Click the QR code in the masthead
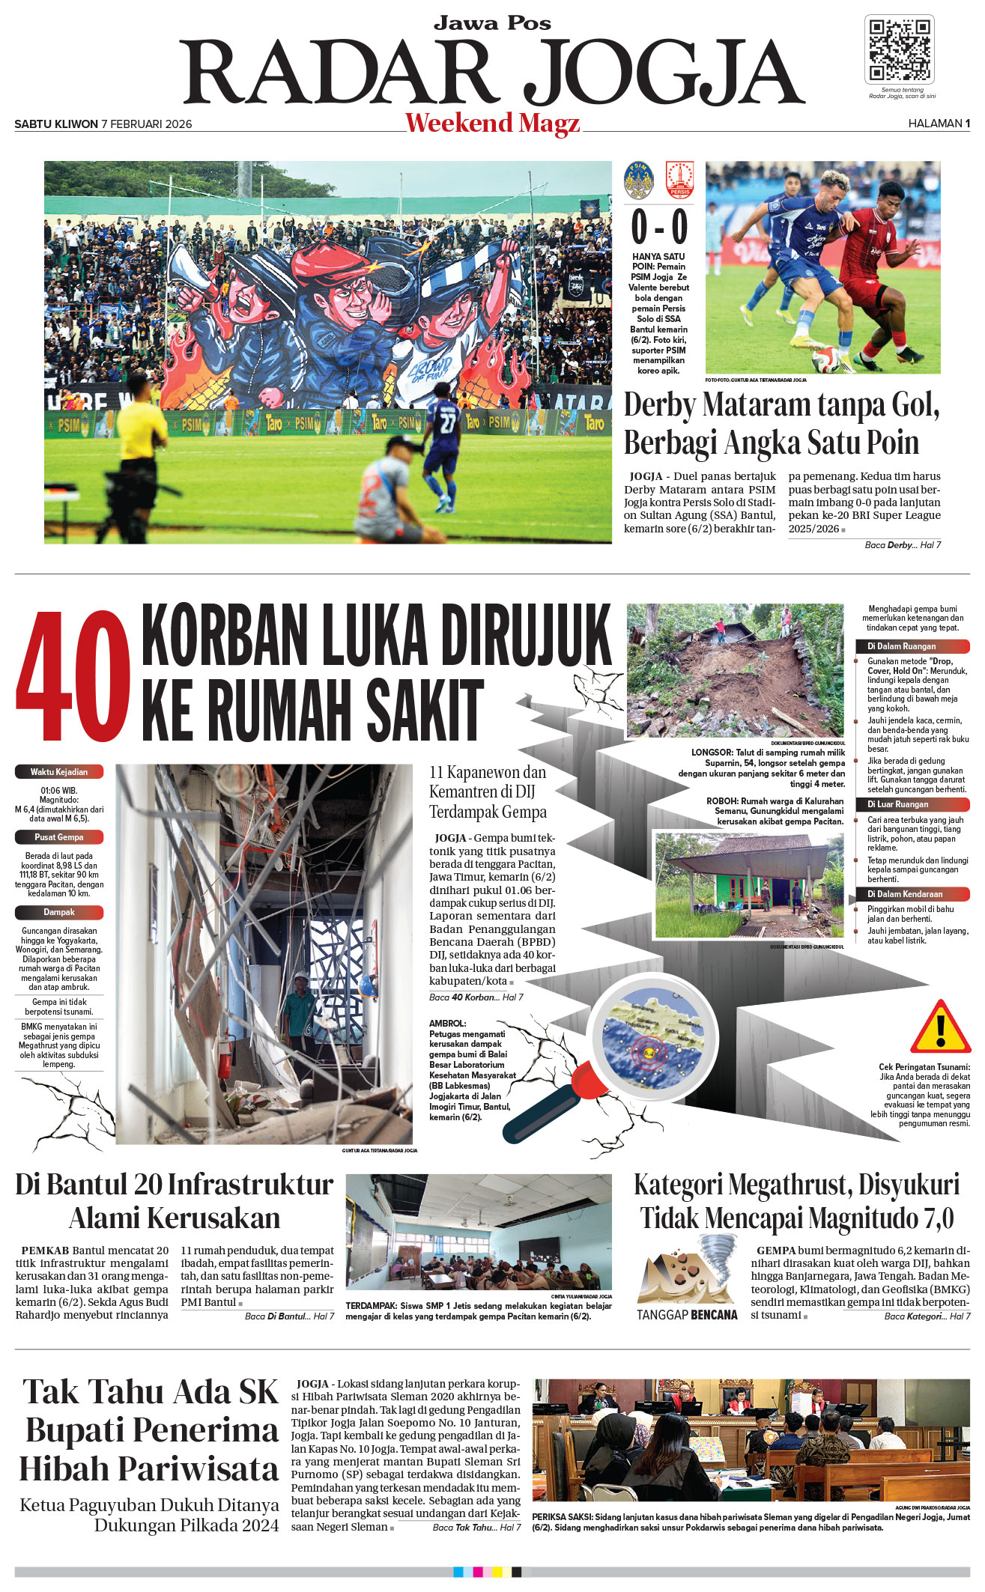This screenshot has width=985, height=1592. [x=899, y=49]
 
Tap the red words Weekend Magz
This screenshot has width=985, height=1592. [x=492, y=123]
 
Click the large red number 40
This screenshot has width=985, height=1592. [x=73, y=676]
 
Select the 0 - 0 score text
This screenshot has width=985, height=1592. [x=658, y=227]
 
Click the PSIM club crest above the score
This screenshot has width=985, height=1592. [x=639, y=180]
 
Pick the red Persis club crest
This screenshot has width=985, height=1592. [x=679, y=180]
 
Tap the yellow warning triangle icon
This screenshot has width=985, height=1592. [x=940, y=1027]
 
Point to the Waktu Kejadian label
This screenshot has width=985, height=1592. [x=59, y=772]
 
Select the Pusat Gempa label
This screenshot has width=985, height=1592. [x=59, y=837]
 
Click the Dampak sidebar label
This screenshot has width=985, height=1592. [x=59, y=912]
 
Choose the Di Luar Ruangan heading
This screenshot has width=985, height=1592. [x=897, y=804]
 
